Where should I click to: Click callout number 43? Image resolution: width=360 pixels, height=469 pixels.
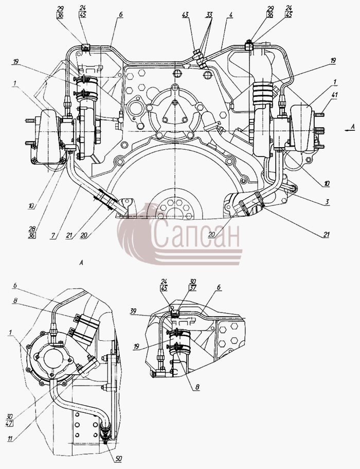(186, 14)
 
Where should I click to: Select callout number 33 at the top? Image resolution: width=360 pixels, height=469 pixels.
(209, 14)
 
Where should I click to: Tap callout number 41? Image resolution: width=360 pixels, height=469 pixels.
(334, 95)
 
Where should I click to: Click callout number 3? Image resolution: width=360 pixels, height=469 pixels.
(328, 202)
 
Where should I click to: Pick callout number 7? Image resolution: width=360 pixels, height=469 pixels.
(52, 235)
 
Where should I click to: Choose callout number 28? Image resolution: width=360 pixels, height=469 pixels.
(32, 229)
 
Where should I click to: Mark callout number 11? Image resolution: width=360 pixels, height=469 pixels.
(10, 439)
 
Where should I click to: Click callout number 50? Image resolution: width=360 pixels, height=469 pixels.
(118, 459)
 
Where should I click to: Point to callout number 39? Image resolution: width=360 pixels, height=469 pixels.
(133, 311)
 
